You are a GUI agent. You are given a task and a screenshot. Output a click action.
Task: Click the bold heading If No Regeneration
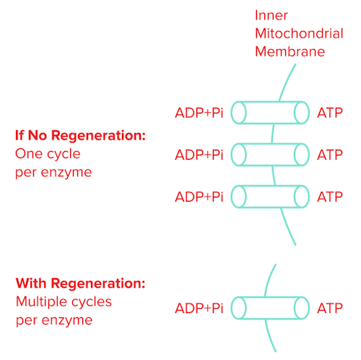[x=81, y=135]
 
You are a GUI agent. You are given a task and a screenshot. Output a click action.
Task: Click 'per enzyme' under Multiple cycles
[x=53, y=320]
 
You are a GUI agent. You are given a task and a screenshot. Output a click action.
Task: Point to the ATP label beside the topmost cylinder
[x=330, y=113]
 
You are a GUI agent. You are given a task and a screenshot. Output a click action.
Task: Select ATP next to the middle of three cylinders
[x=330, y=154]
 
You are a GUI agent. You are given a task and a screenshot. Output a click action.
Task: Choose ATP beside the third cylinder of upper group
[x=330, y=196]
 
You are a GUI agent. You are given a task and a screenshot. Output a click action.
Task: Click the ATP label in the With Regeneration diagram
[x=330, y=309]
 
